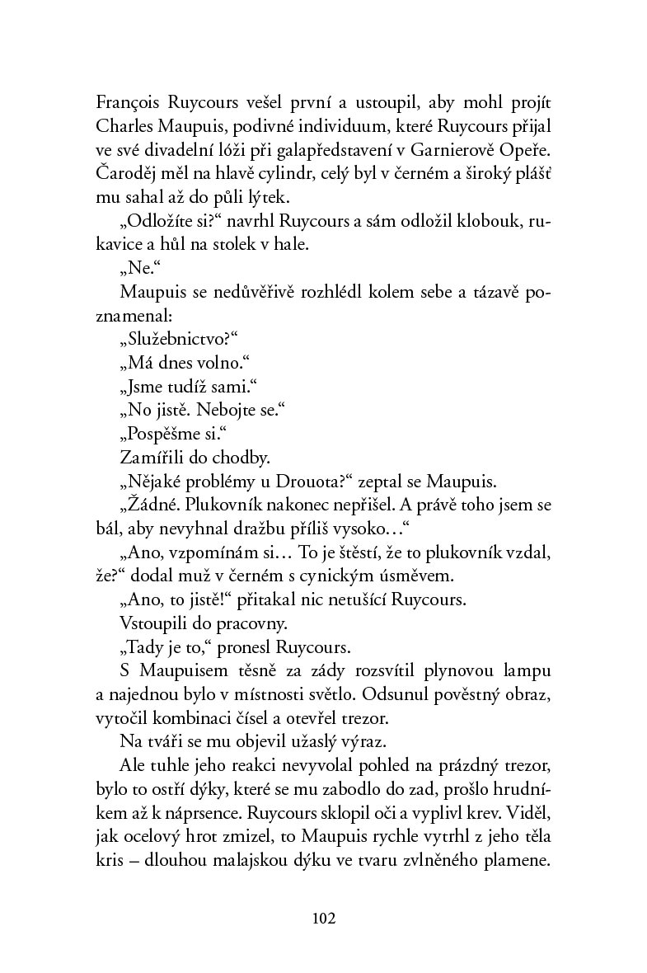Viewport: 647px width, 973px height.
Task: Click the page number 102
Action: point(323,917)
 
